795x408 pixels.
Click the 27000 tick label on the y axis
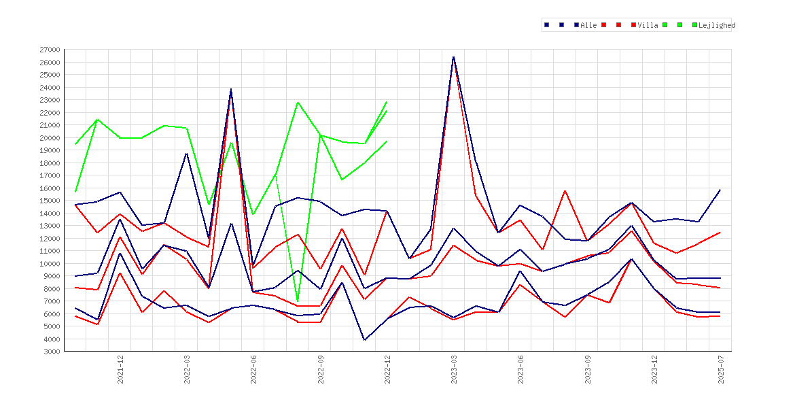pyautogui.click(x=49, y=50)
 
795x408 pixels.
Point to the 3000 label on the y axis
pyautogui.click(x=51, y=352)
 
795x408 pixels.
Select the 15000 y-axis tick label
pyautogui.click(x=49, y=201)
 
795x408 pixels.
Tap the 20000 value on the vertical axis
pyautogui.click(x=49, y=138)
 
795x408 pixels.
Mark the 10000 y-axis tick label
pyautogui.click(x=49, y=264)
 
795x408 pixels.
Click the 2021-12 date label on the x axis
pyautogui.click(x=121, y=369)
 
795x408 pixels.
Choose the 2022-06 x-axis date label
pyautogui.click(x=254, y=369)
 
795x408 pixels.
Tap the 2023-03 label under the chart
pyautogui.click(x=455, y=369)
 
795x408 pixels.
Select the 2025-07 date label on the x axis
pyautogui.click(x=721, y=369)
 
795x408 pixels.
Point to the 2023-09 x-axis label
pyautogui.click(x=588, y=369)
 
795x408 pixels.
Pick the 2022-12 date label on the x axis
pyautogui.click(x=387, y=369)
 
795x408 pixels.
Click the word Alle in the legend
pyautogui.click(x=588, y=25)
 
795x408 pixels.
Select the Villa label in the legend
pyautogui.click(x=648, y=25)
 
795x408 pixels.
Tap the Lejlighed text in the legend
pyautogui.click(x=717, y=25)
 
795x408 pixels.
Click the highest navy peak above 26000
pyautogui.click(x=453, y=57)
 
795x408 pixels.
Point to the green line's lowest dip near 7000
pyautogui.click(x=298, y=301)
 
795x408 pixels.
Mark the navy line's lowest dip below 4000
pyautogui.click(x=364, y=340)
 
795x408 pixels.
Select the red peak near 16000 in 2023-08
pyautogui.click(x=565, y=191)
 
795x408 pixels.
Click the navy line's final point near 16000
pyautogui.click(x=720, y=190)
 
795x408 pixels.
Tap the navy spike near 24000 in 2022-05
pyautogui.click(x=231, y=89)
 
